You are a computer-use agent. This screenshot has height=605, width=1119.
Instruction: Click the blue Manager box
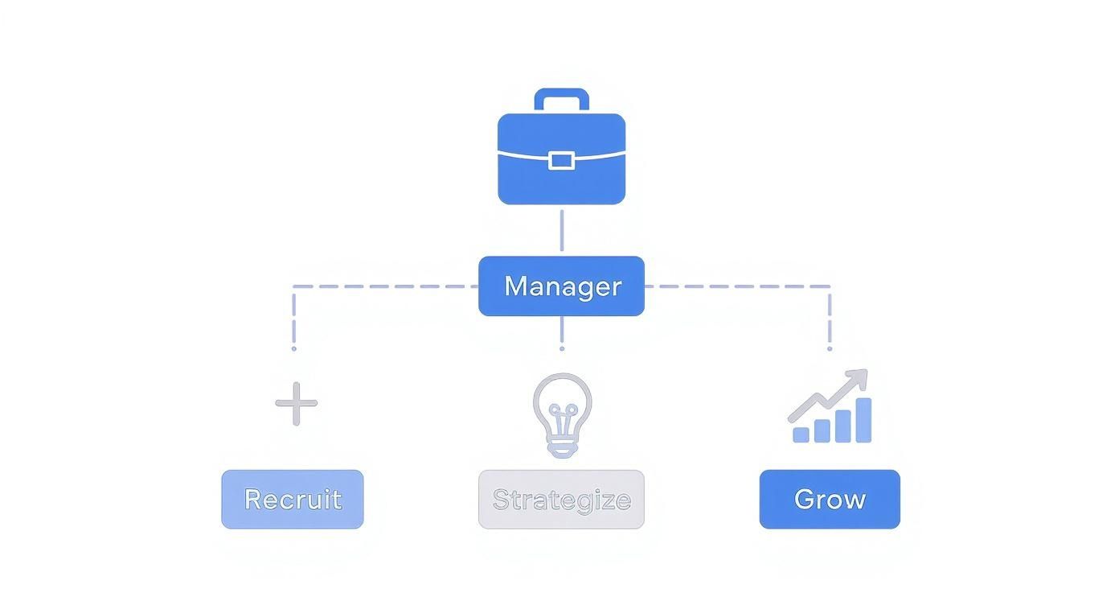coord(561,286)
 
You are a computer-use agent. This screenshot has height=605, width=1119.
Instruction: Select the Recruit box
coord(293,499)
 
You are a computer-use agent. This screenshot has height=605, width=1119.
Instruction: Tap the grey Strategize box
coord(561,500)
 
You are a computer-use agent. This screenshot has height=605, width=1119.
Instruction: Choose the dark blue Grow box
coord(830,499)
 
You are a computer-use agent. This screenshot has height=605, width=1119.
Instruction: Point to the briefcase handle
coord(561,95)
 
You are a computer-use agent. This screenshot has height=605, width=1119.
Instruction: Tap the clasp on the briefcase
coord(561,160)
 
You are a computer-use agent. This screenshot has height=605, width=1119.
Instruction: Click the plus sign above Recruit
coord(296,403)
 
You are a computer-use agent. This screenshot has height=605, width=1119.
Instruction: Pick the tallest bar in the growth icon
coord(863,420)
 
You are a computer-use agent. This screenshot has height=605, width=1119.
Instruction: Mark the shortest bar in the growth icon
coord(801,434)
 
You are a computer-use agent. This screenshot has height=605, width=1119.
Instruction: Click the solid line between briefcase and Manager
coord(561,231)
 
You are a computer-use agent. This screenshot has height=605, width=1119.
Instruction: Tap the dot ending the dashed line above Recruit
coord(293,348)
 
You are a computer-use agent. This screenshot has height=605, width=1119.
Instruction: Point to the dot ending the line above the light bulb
coord(561,348)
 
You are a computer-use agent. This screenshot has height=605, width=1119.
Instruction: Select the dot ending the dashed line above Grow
coord(830,348)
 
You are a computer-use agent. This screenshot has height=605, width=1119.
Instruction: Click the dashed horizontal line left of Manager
coord(386,286)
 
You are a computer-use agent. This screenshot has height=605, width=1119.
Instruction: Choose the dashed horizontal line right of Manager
coord(736,286)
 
